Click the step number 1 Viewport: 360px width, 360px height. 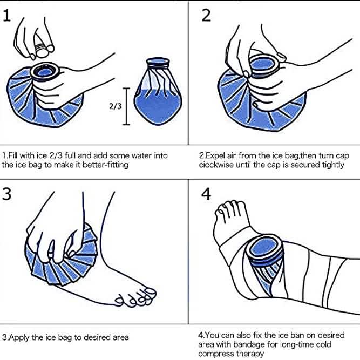(x=7, y=16)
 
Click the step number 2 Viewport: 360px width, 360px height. (x=206, y=16)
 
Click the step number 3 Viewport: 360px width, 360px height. (x=8, y=194)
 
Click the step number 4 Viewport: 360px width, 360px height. (x=207, y=194)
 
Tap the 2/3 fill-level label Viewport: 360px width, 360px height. (x=114, y=106)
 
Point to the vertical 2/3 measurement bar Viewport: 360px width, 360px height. (x=127, y=106)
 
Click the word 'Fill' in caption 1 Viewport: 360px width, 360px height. (x=15, y=155)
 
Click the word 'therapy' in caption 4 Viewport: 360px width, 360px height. (x=252, y=354)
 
